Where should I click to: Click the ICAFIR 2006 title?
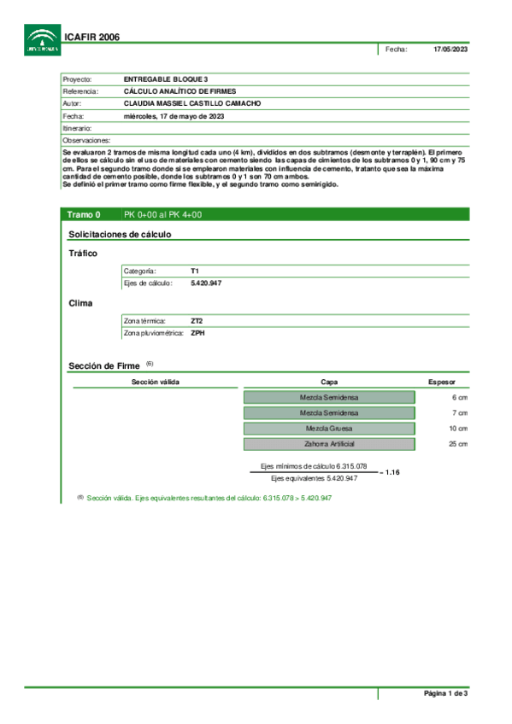(91, 38)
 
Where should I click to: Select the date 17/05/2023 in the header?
(451, 49)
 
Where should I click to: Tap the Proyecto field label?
(77, 79)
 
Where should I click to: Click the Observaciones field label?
(86, 139)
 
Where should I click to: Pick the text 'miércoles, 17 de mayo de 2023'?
(174, 115)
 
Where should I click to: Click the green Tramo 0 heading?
(85, 215)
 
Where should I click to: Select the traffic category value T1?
(195, 271)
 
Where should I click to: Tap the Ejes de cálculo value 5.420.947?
(206, 283)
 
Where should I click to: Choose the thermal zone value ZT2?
(197, 321)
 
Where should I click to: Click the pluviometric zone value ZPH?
(197, 333)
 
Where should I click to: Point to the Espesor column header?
(441, 382)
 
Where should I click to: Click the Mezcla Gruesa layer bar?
(329, 429)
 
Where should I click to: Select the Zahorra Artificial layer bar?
(329, 444)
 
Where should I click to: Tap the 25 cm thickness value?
(458, 444)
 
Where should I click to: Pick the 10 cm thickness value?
(458, 429)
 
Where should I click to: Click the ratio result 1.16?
(392, 472)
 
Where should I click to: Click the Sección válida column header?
(156, 382)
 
